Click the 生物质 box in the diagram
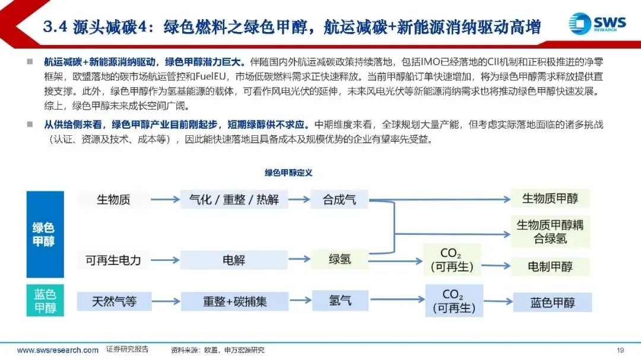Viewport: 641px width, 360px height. coord(113,199)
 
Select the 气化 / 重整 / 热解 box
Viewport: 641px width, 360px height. coord(234,199)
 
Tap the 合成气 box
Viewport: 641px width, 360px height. coord(339,199)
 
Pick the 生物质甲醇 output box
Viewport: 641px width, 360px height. coord(550,198)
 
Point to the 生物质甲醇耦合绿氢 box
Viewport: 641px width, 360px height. coord(550,231)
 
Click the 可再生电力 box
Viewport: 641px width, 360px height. coord(113,260)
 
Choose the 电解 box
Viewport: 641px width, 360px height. coord(234,260)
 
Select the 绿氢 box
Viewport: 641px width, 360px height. coord(339,259)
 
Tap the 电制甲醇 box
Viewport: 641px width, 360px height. coord(550,266)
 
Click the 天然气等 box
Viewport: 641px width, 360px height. coord(113,301)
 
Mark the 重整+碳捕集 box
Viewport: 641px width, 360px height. coord(234,301)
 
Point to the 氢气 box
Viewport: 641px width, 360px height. coord(339,300)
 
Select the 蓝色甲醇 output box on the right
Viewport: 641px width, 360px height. coord(553,302)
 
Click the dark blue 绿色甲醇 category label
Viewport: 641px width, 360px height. coord(45,234)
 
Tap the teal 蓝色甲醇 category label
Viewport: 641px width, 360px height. coord(45,301)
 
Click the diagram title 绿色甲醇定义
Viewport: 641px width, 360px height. coord(288,173)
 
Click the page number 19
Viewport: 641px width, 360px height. coord(621,350)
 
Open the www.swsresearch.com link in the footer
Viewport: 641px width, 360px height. coord(58,350)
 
